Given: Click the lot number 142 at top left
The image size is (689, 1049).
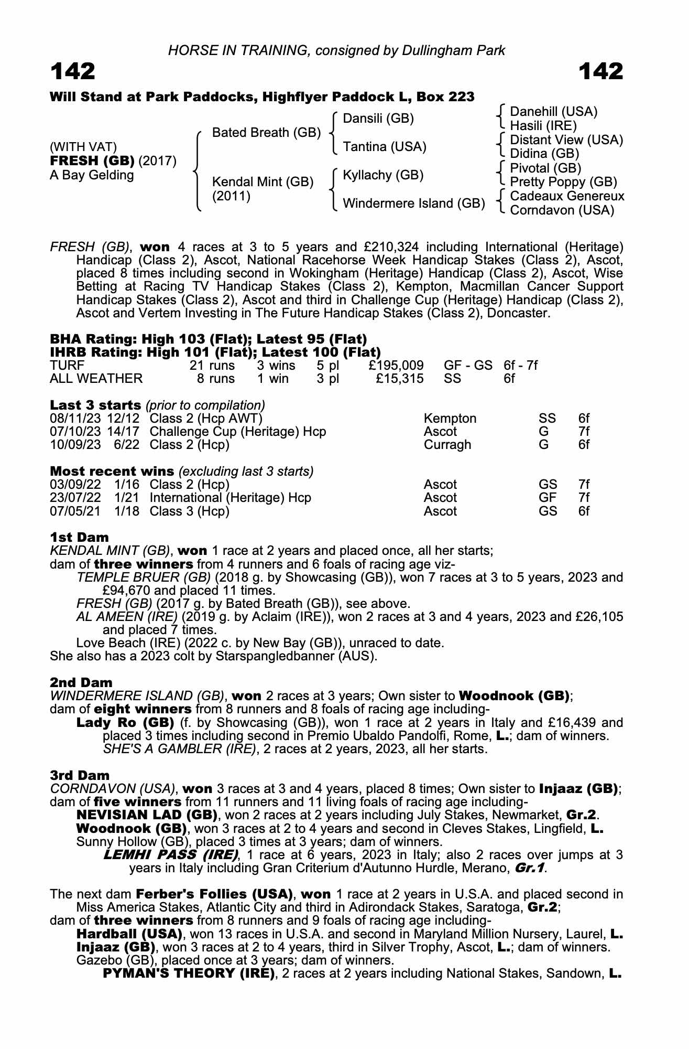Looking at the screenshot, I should coord(73,71).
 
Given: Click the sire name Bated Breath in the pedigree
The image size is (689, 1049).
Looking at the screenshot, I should coord(266,133).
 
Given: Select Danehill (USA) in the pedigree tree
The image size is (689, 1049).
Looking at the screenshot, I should coord(553,112).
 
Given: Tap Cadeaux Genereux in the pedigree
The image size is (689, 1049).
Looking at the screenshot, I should coord(567,196).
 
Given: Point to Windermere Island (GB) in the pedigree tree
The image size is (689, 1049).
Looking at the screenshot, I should coord(413,204).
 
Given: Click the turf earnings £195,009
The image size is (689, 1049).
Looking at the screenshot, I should coord(396,366).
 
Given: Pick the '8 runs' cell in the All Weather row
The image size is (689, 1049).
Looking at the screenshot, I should coord(215,379).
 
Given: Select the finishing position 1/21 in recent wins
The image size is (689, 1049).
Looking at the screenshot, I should coord(127,498).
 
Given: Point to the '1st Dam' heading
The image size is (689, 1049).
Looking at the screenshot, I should coord(79,537).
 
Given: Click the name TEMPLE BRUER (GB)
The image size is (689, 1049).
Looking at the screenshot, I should coord(143,577).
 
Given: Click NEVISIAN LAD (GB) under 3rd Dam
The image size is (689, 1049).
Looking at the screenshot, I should coord(147,815).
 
